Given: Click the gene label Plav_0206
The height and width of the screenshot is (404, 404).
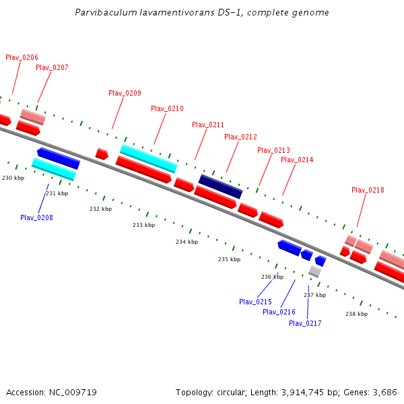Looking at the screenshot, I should pos(22,58).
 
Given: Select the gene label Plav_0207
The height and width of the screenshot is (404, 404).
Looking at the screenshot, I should pos(52,67).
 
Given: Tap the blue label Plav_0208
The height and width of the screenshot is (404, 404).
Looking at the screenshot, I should pos(36,217).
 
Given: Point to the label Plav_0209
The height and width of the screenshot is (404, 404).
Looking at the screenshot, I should pos(125,93).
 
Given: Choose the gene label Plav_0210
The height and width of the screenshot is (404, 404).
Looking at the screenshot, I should pos(167,108).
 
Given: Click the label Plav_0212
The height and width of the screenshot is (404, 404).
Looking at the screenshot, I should pos(241,137).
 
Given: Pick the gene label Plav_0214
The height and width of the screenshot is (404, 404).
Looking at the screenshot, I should pos(297,160).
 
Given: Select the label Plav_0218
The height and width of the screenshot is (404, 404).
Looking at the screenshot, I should pos(368,190).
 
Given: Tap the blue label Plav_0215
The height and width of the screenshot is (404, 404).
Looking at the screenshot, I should pos(255,302).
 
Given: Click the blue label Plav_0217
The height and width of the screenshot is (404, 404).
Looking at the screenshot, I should pos(305,323).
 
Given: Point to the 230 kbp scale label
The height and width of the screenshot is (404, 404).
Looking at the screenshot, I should pos(13,178).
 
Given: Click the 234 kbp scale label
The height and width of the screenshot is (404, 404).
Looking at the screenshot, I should pos(187,242).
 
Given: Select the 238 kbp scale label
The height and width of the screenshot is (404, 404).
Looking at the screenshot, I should pos(356,314).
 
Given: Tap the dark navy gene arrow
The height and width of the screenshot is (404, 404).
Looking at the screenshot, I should pos(220,187).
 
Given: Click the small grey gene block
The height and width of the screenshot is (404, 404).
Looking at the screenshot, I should pos(314,271).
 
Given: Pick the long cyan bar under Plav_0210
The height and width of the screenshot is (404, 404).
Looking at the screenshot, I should pos(149,158).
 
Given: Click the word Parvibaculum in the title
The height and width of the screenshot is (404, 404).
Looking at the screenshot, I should pos(104,13).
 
